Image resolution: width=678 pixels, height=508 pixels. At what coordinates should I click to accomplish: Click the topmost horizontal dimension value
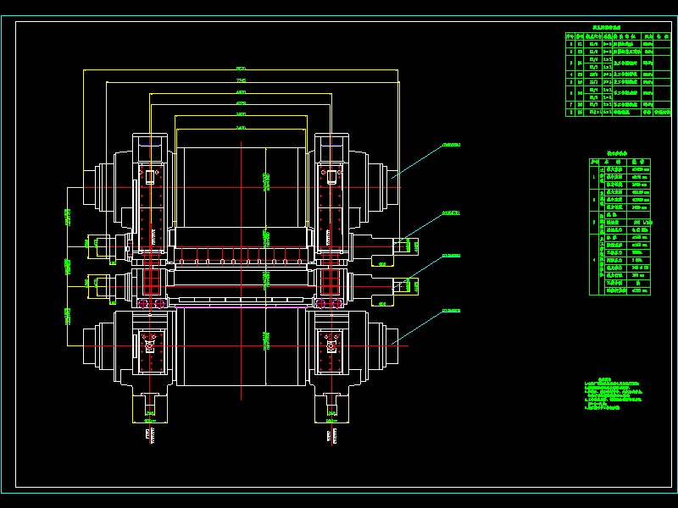click(x=241, y=67)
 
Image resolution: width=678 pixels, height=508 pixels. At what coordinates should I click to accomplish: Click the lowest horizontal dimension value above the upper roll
click(x=241, y=127)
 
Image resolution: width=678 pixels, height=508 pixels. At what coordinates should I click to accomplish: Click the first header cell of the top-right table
click(x=570, y=37)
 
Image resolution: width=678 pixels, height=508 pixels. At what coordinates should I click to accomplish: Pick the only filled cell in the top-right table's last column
click(x=661, y=110)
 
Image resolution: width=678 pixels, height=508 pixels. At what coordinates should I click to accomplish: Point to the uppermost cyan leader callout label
click(x=452, y=146)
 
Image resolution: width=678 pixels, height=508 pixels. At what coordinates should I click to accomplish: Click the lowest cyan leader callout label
click(x=452, y=311)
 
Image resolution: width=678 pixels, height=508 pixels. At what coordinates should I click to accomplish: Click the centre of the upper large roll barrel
click(x=241, y=186)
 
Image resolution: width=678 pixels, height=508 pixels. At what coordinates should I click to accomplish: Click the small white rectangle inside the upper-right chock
click(x=328, y=176)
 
